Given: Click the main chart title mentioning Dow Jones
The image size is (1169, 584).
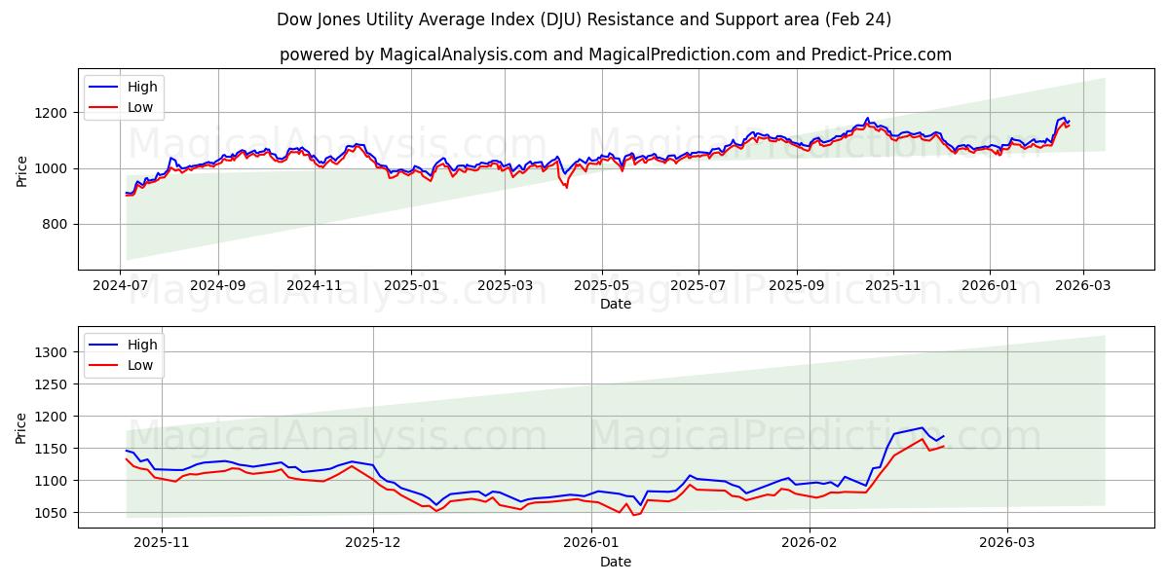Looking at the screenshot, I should pos(584,19).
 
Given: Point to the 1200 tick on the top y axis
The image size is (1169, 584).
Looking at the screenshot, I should pos(56,113).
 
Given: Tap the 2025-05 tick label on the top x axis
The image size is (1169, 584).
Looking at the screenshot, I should pos(601,286).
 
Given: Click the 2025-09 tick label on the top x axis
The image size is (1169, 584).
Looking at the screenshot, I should pos(797,286).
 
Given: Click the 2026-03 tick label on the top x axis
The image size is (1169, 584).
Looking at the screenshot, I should pos(1083,286).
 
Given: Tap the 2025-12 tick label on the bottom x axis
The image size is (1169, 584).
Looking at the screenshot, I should pos(374,543).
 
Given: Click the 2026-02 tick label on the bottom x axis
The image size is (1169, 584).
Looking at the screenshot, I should pos(811,543).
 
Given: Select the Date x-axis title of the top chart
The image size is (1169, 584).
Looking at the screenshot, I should pos(615,304).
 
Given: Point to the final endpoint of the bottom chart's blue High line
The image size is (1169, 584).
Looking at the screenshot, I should pos(943,436).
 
